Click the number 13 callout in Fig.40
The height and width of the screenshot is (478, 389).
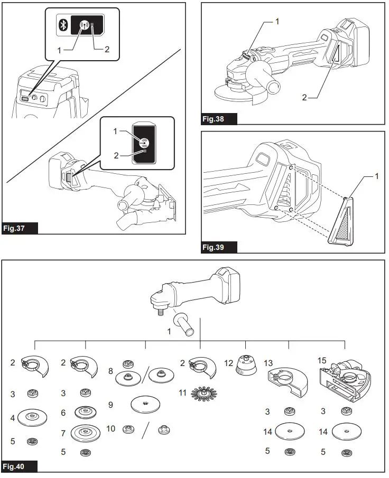point(269,363)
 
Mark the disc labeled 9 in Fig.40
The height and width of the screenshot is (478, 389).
point(146,405)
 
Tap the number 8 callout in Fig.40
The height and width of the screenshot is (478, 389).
point(111,371)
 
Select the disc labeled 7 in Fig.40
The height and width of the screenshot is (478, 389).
point(84,433)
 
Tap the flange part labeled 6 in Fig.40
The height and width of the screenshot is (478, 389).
point(84,412)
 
